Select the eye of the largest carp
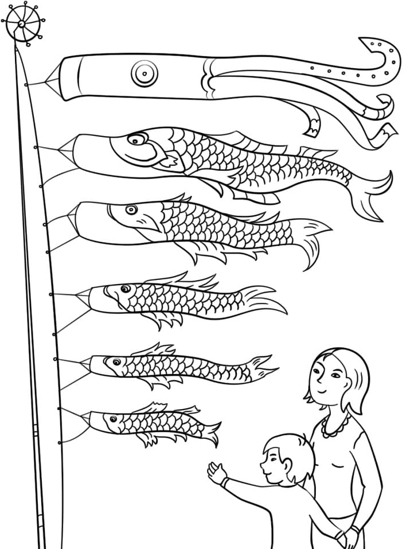click(138, 139)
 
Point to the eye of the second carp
click(132, 209)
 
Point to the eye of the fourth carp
click(117, 362)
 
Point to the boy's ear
click(286, 462)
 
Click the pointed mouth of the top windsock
click(52, 80)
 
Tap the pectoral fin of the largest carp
click(170, 162)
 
